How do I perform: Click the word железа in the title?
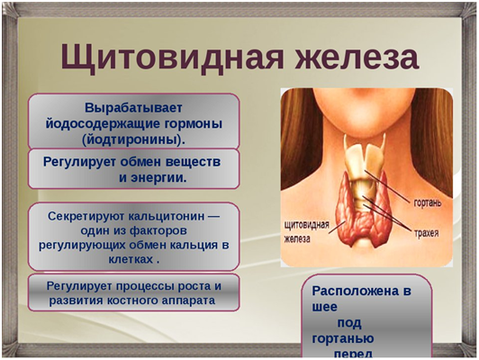point(353,57)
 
